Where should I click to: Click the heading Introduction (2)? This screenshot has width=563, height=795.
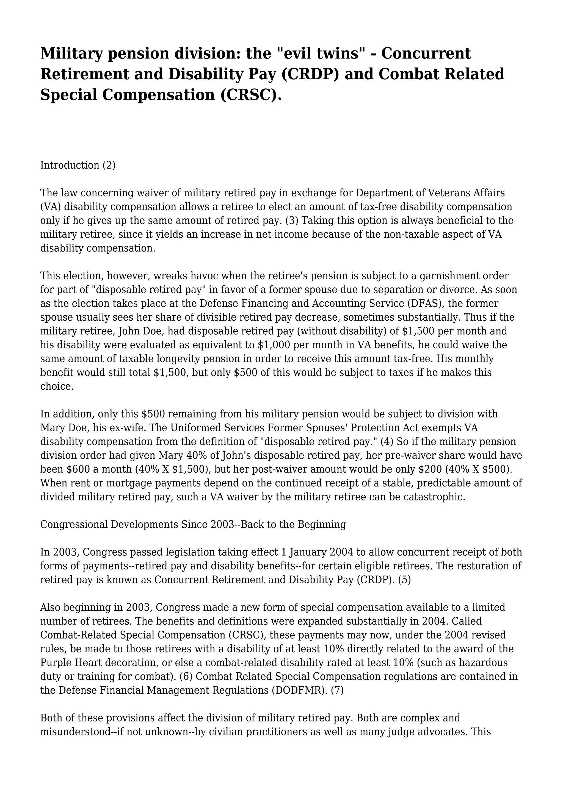(78, 165)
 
